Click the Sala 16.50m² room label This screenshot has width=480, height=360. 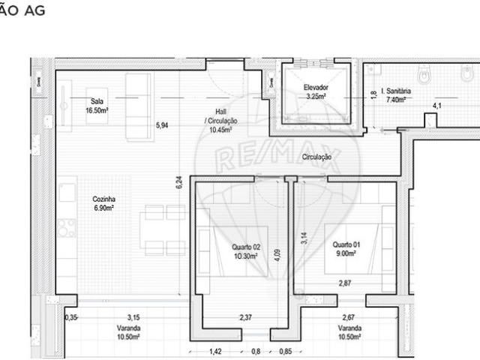[x=97, y=105]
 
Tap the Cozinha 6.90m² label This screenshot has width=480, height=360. [x=103, y=203]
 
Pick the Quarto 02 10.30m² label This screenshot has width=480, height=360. [x=245, y=251]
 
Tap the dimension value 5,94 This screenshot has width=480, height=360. [x=162, y=125]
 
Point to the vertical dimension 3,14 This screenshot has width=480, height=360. [x=303, y=239]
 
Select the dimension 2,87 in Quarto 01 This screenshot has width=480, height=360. [x=346, y=283]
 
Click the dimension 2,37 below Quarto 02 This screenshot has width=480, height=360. [x=245, y=317]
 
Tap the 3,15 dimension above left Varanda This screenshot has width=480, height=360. [x=133, y=317]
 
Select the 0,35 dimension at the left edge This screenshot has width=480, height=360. [x=70, y=318]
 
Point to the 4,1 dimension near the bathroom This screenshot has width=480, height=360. [x=437, y=106]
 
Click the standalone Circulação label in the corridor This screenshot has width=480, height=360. [x=316, y=157]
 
